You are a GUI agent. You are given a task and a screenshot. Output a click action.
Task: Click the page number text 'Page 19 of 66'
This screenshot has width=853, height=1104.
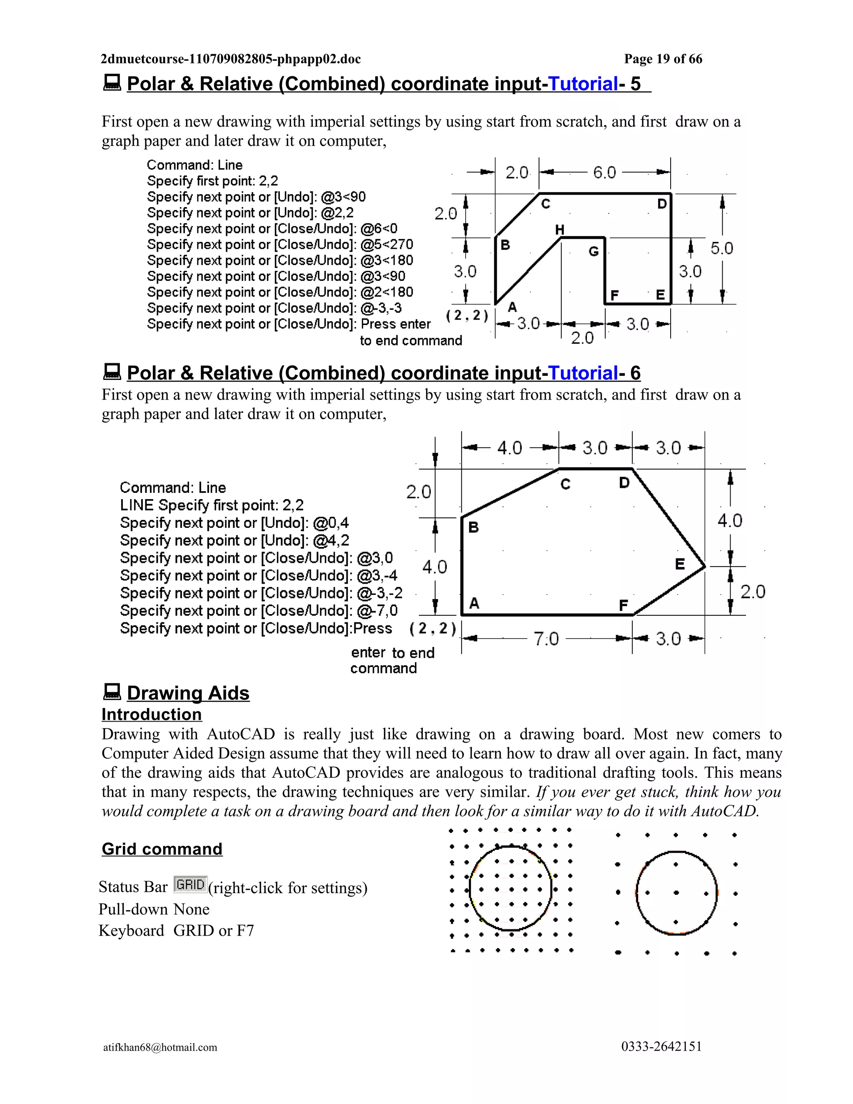[663, 59]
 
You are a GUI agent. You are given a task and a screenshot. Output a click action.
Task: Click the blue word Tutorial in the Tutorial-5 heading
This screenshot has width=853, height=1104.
[583, 84]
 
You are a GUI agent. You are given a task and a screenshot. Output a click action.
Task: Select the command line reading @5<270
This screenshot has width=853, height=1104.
[280, 245]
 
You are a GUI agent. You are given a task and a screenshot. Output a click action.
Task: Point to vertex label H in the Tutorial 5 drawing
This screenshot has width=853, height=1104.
[559, 230]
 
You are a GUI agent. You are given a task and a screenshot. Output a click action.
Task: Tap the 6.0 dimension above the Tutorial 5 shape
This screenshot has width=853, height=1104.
[604, 173]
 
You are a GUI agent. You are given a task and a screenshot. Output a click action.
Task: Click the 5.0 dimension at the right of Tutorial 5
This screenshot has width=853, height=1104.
[722, 248]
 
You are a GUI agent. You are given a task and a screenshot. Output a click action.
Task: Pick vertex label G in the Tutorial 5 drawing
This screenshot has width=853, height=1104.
[594, 251]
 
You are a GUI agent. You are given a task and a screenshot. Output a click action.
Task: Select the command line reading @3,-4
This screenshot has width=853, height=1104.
[258, 575]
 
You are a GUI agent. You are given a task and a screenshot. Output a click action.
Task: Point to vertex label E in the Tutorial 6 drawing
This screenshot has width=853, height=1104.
[680, 564]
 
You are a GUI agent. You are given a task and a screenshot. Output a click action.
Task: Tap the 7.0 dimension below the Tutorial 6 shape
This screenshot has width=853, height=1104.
[546, 639]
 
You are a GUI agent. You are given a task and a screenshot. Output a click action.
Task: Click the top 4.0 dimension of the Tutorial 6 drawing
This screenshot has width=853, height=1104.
[509, 448]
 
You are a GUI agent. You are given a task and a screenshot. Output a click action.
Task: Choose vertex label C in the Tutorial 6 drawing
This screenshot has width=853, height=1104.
[566, 484]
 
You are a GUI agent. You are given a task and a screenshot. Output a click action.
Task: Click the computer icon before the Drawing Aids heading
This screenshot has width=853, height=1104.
[112, 692]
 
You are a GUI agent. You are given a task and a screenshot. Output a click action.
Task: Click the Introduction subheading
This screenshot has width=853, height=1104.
[152, 714]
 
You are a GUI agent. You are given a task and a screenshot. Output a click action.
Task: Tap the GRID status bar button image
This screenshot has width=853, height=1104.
[190, 884]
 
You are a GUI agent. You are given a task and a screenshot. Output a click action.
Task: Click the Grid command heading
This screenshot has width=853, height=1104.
[162, 849]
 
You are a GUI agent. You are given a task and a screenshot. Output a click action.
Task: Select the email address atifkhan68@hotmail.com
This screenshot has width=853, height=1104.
[160, 1047]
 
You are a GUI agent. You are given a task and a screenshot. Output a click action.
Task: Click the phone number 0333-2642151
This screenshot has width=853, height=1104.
[661, 1047]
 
